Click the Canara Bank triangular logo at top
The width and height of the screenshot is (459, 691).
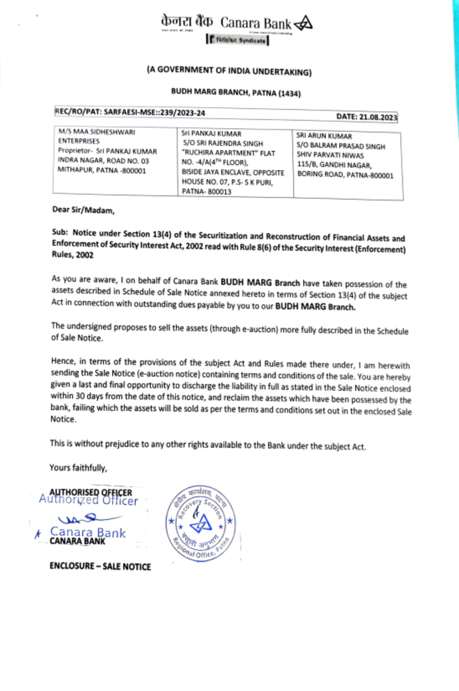[x=303, y=23]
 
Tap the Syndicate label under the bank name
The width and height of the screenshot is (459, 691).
[x=252, y=40]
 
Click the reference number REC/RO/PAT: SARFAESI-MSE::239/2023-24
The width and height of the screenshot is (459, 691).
[x=130, y=112]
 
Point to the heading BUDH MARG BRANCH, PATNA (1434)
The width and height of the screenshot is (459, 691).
[x=236, y=92]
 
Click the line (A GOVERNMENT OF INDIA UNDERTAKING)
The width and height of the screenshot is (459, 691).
[x=229, y=71]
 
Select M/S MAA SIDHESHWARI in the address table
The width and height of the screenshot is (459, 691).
[x=97, y=132]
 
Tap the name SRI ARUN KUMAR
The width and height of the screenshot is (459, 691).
[x=324, y=136]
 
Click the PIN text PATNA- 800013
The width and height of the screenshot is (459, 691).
[x=207, y=192]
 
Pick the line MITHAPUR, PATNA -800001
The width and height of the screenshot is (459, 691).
[x=101, y=170]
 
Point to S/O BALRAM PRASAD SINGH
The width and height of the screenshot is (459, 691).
[x=341, y=146]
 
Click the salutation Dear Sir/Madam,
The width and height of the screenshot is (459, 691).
[x=83, y=210]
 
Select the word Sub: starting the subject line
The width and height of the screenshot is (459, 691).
[x=60, y=232]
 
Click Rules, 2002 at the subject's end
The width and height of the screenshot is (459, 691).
[x=73, y=255]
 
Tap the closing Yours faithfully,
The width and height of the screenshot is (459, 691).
[x=78, y=468]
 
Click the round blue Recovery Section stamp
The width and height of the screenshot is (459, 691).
[x=201, y=523]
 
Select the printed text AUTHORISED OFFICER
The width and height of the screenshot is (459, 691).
[x=91, y=492]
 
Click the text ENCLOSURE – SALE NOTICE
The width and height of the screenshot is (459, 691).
[x=100, y=566]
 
